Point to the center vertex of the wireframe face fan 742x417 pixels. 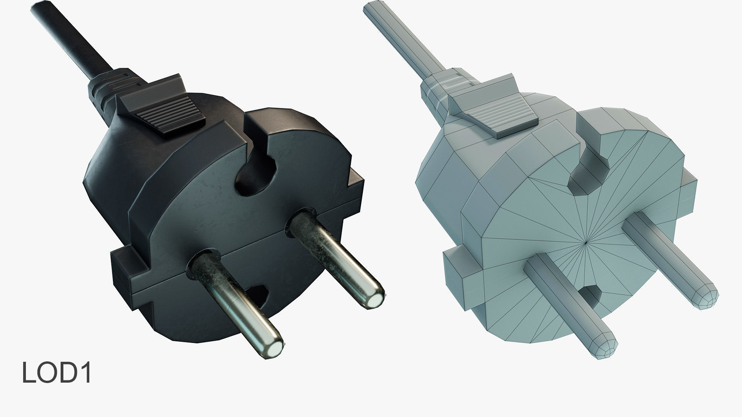(587, 242)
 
